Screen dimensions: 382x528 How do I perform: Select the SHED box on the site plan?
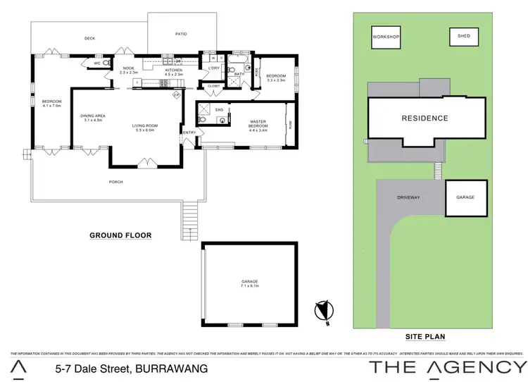coord(463,36)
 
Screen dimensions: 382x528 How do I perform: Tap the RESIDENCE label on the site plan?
coord(425,118)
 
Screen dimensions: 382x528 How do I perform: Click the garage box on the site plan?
coord(465,197)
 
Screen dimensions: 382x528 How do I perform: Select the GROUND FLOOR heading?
coord(120,235)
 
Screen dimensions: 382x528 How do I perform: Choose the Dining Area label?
coord(93,118)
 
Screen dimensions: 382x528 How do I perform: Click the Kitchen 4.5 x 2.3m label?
coord(174,72)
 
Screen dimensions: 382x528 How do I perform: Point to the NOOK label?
coord(127,70)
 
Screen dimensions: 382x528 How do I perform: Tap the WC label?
coord(97,63)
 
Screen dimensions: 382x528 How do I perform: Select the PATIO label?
coord(180,33)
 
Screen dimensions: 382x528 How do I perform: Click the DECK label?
coord(89,38)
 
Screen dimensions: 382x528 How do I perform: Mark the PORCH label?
coord(115,182)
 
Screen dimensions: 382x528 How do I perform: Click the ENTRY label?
coord(189,133)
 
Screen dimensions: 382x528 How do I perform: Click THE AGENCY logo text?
coord(448,366)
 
